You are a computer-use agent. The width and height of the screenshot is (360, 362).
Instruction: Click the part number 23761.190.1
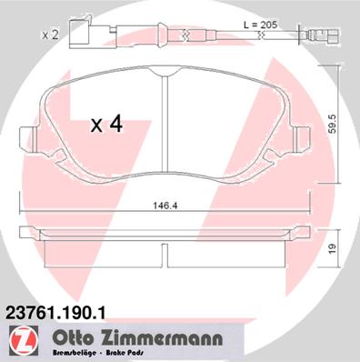(x=55, y=312)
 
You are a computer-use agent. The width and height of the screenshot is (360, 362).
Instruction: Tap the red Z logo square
(x=24, y=339)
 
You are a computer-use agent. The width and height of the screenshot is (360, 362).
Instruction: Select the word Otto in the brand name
(x=72, y=338)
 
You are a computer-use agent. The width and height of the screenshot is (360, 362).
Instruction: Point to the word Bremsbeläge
(x=75, y=354)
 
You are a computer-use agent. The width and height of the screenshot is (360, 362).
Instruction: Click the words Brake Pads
(x=125, y=354)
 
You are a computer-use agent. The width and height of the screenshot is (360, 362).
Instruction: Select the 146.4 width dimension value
(x=165, y=206)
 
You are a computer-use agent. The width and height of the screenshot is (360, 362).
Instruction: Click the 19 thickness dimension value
(x=333, y=249)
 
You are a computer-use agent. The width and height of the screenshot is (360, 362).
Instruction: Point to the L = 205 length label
(x=261, y=25)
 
